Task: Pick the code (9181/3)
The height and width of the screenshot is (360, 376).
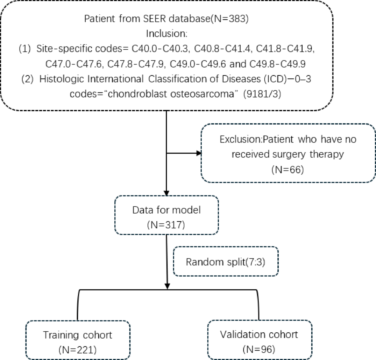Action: (x=255, y=94)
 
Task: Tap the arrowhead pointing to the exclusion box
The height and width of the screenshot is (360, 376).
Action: (x=200, y=153)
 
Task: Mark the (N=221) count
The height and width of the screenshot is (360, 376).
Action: (x=78, y=350)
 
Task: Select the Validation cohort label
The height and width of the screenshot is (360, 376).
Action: (x=259, y=334)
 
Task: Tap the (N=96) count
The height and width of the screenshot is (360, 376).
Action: (x=259, y=349)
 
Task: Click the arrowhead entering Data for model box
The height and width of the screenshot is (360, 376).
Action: (x=166, y=193)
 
